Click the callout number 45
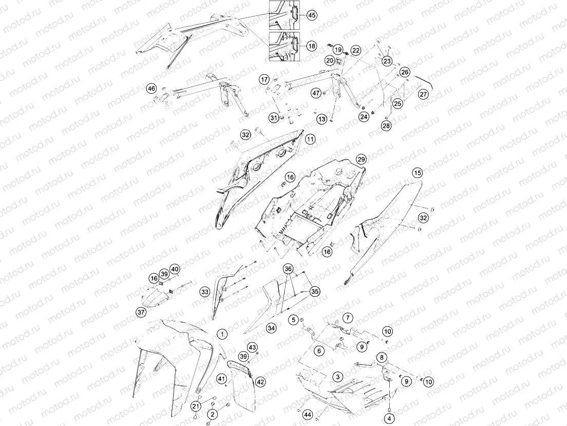311,15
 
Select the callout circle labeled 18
311,46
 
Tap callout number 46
151,88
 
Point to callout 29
361,159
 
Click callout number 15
418,173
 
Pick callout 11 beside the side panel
310,139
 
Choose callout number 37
141,312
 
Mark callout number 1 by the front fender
222,334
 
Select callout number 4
389,419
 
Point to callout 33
205,292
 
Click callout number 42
260,382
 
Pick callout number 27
423,94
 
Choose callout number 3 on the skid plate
338,377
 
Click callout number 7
348,318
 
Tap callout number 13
322,119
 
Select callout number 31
274,118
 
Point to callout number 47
316,93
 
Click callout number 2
212,414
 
